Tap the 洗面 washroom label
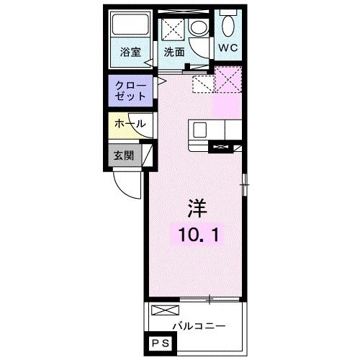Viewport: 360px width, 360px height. [x=174, y=52]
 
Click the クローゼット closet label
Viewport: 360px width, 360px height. [x=130, y=91]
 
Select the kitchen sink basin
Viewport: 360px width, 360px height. [x=199, y=130]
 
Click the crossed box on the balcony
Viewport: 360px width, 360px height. [x=163, y=311]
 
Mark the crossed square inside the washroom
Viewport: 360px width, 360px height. [x=174, y=30]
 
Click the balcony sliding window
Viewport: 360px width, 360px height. [x=210, y=297]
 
